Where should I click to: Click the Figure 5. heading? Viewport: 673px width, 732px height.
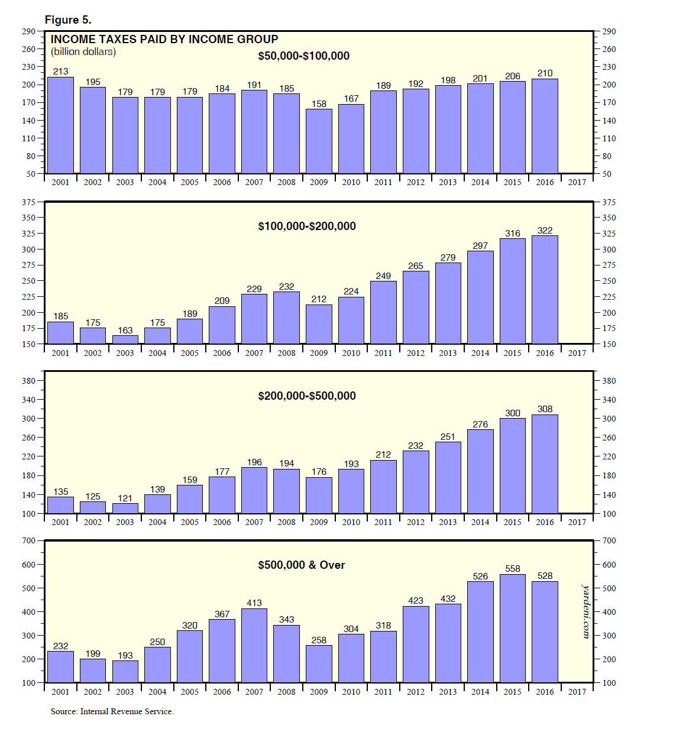point(68,20)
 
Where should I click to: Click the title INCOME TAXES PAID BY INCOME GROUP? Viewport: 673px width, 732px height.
point(164,40)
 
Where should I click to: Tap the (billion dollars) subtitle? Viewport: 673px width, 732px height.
point(83,52)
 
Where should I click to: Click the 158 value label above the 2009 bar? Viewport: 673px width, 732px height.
point(319,104)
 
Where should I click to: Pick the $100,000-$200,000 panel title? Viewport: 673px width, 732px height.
point(307,226)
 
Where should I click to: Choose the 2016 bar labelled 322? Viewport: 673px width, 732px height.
point(545,290)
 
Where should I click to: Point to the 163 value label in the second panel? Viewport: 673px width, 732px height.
point(125,331)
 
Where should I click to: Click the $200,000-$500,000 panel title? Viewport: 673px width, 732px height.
point(307,396)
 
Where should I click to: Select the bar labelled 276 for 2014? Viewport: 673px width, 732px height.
point(480,471)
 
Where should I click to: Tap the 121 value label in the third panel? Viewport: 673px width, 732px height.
point(125,498)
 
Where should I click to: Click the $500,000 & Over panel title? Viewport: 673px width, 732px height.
point(302,565)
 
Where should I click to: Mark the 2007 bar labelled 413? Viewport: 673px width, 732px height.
point(254,645)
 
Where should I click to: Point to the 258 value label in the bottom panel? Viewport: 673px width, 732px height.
point(319,640)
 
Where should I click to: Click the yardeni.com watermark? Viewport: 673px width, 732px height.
point(586,611)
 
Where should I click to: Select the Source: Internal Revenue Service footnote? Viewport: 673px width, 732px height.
point(112,712)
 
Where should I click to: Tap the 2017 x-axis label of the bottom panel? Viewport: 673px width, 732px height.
point(577,692)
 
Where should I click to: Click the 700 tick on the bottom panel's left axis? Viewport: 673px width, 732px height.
point(28,540)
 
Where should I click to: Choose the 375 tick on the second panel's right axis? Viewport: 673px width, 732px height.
point(609,202)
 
